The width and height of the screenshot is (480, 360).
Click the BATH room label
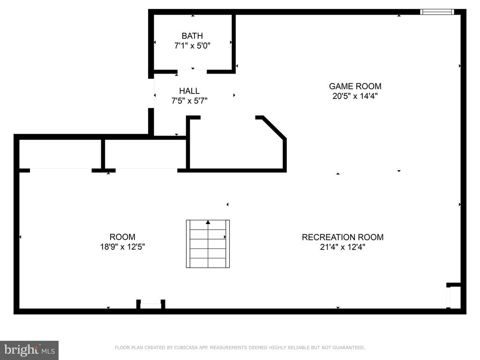(x=192, y=36)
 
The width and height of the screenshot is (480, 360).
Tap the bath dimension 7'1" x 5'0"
(x=192, y=45)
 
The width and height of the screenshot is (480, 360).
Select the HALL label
(x=189, y=91)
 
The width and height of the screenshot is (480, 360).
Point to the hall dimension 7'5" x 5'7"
(x=189, y=101)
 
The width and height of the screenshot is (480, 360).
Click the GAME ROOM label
(x=355, y=86)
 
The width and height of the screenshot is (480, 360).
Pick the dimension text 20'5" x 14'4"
(x=355, y=96)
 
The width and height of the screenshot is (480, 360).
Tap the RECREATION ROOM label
(x=343, y=237)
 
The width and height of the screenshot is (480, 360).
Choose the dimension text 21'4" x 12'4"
(x=343, y=247)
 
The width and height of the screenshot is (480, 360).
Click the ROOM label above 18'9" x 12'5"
(x=122, y=237)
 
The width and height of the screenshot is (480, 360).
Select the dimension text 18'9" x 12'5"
(x=122, y=247)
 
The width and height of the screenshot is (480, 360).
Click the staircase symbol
(x=208, y=244)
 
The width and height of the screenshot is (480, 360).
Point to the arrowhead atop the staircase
(x=208, y=222)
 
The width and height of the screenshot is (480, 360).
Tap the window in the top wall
(x=437, y=12)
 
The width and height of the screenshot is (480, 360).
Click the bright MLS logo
(x=30, y=350)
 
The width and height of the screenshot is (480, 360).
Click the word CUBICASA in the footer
(x=185, y=347)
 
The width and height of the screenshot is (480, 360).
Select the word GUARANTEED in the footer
(x=349, y=347)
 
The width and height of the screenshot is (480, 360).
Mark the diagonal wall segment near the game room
(x=274, y=127)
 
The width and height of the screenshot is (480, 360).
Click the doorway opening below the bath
(x=192, y=72)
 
